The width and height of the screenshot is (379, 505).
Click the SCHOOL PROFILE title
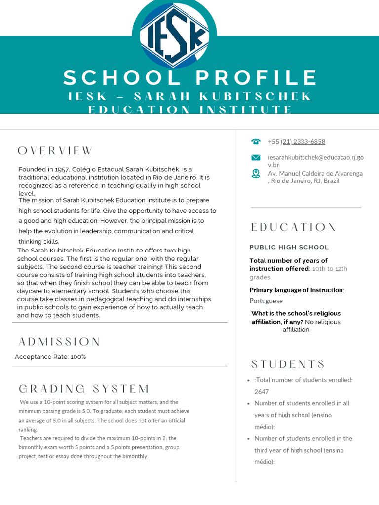click(190, 78)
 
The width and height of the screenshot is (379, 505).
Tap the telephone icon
click(256, 142)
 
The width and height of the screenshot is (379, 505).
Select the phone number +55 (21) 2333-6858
click(296, 142)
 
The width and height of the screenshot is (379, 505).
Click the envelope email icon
click(256, 158)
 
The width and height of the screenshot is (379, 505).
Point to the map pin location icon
click(256, 173)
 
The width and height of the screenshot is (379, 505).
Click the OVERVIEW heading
click(55, 151)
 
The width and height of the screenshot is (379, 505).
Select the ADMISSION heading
click(59, 342)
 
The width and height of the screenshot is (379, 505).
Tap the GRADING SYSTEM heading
click(84, 389)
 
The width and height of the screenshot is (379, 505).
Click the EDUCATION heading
click(293, 227)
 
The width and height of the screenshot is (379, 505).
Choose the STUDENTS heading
click(288, 364)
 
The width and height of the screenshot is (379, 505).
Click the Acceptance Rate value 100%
click(78, 357)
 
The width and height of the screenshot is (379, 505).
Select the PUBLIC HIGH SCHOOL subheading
click(289, 247)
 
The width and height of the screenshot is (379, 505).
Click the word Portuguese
click(266, 301)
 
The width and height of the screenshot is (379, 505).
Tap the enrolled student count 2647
click(262, 392)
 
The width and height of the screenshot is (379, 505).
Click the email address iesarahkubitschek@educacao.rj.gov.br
click(315, 161)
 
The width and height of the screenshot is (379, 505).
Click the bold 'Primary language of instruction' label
click(296, 290)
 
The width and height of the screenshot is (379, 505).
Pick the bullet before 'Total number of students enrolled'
click(248, 380)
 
